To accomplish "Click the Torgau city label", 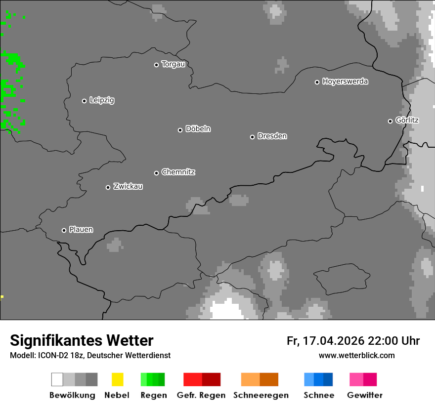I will pos(173,64).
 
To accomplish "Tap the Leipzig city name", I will pos(102,100).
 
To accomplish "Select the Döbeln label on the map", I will pos(198,129).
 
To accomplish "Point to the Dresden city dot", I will pos(252,137).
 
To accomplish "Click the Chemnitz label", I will pos(178,172).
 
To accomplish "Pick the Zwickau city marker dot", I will pos(108,187).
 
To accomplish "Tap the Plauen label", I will pos(81,230).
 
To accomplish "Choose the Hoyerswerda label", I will pos(345,82).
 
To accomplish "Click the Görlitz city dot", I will pos(390,121).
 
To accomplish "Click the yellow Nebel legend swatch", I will pos(117,379).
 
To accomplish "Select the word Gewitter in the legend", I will pos(365,395).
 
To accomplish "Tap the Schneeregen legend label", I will pos(261,395).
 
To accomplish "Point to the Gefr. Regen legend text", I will pos(201,395).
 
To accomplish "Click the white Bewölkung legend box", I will pos(57,379).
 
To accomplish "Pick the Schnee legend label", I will pos(319,395).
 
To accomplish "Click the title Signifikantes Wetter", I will pos(82,340).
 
